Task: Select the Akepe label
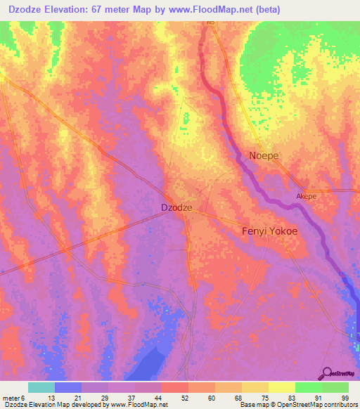tap(307, 197)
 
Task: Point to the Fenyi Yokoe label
tap(269, 231)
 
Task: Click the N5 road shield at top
tap(210, 22)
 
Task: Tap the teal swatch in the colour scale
tap(41, 387)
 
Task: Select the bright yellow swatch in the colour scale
tap(281, 387)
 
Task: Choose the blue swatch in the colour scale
tap(68, 387)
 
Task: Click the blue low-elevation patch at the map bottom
tap(155, 365)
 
